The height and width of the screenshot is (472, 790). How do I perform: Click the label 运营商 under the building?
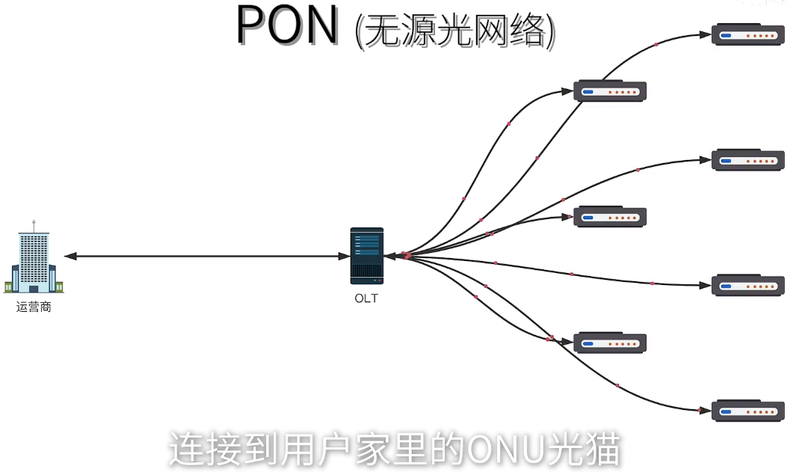point(34,307)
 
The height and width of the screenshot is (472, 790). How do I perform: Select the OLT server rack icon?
point(366,256)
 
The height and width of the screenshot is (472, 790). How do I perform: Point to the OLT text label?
point(366,298)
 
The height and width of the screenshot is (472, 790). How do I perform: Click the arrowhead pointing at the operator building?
point(70,257)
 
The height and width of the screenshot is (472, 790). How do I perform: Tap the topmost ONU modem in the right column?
point(747,35)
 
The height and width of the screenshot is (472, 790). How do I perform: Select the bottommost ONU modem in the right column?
point(747,411)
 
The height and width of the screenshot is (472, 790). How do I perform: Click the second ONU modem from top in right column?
point(747,160)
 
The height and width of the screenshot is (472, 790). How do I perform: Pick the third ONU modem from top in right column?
point(747,286)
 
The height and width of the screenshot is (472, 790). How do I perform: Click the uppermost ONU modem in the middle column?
point(609,92)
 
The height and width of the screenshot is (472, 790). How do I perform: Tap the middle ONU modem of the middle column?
point(609,218)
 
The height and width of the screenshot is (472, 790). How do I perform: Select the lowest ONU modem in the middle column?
point(609,343)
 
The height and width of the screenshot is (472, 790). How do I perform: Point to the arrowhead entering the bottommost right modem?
point(704,411)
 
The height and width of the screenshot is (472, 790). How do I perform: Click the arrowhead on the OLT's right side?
point(390,256)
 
